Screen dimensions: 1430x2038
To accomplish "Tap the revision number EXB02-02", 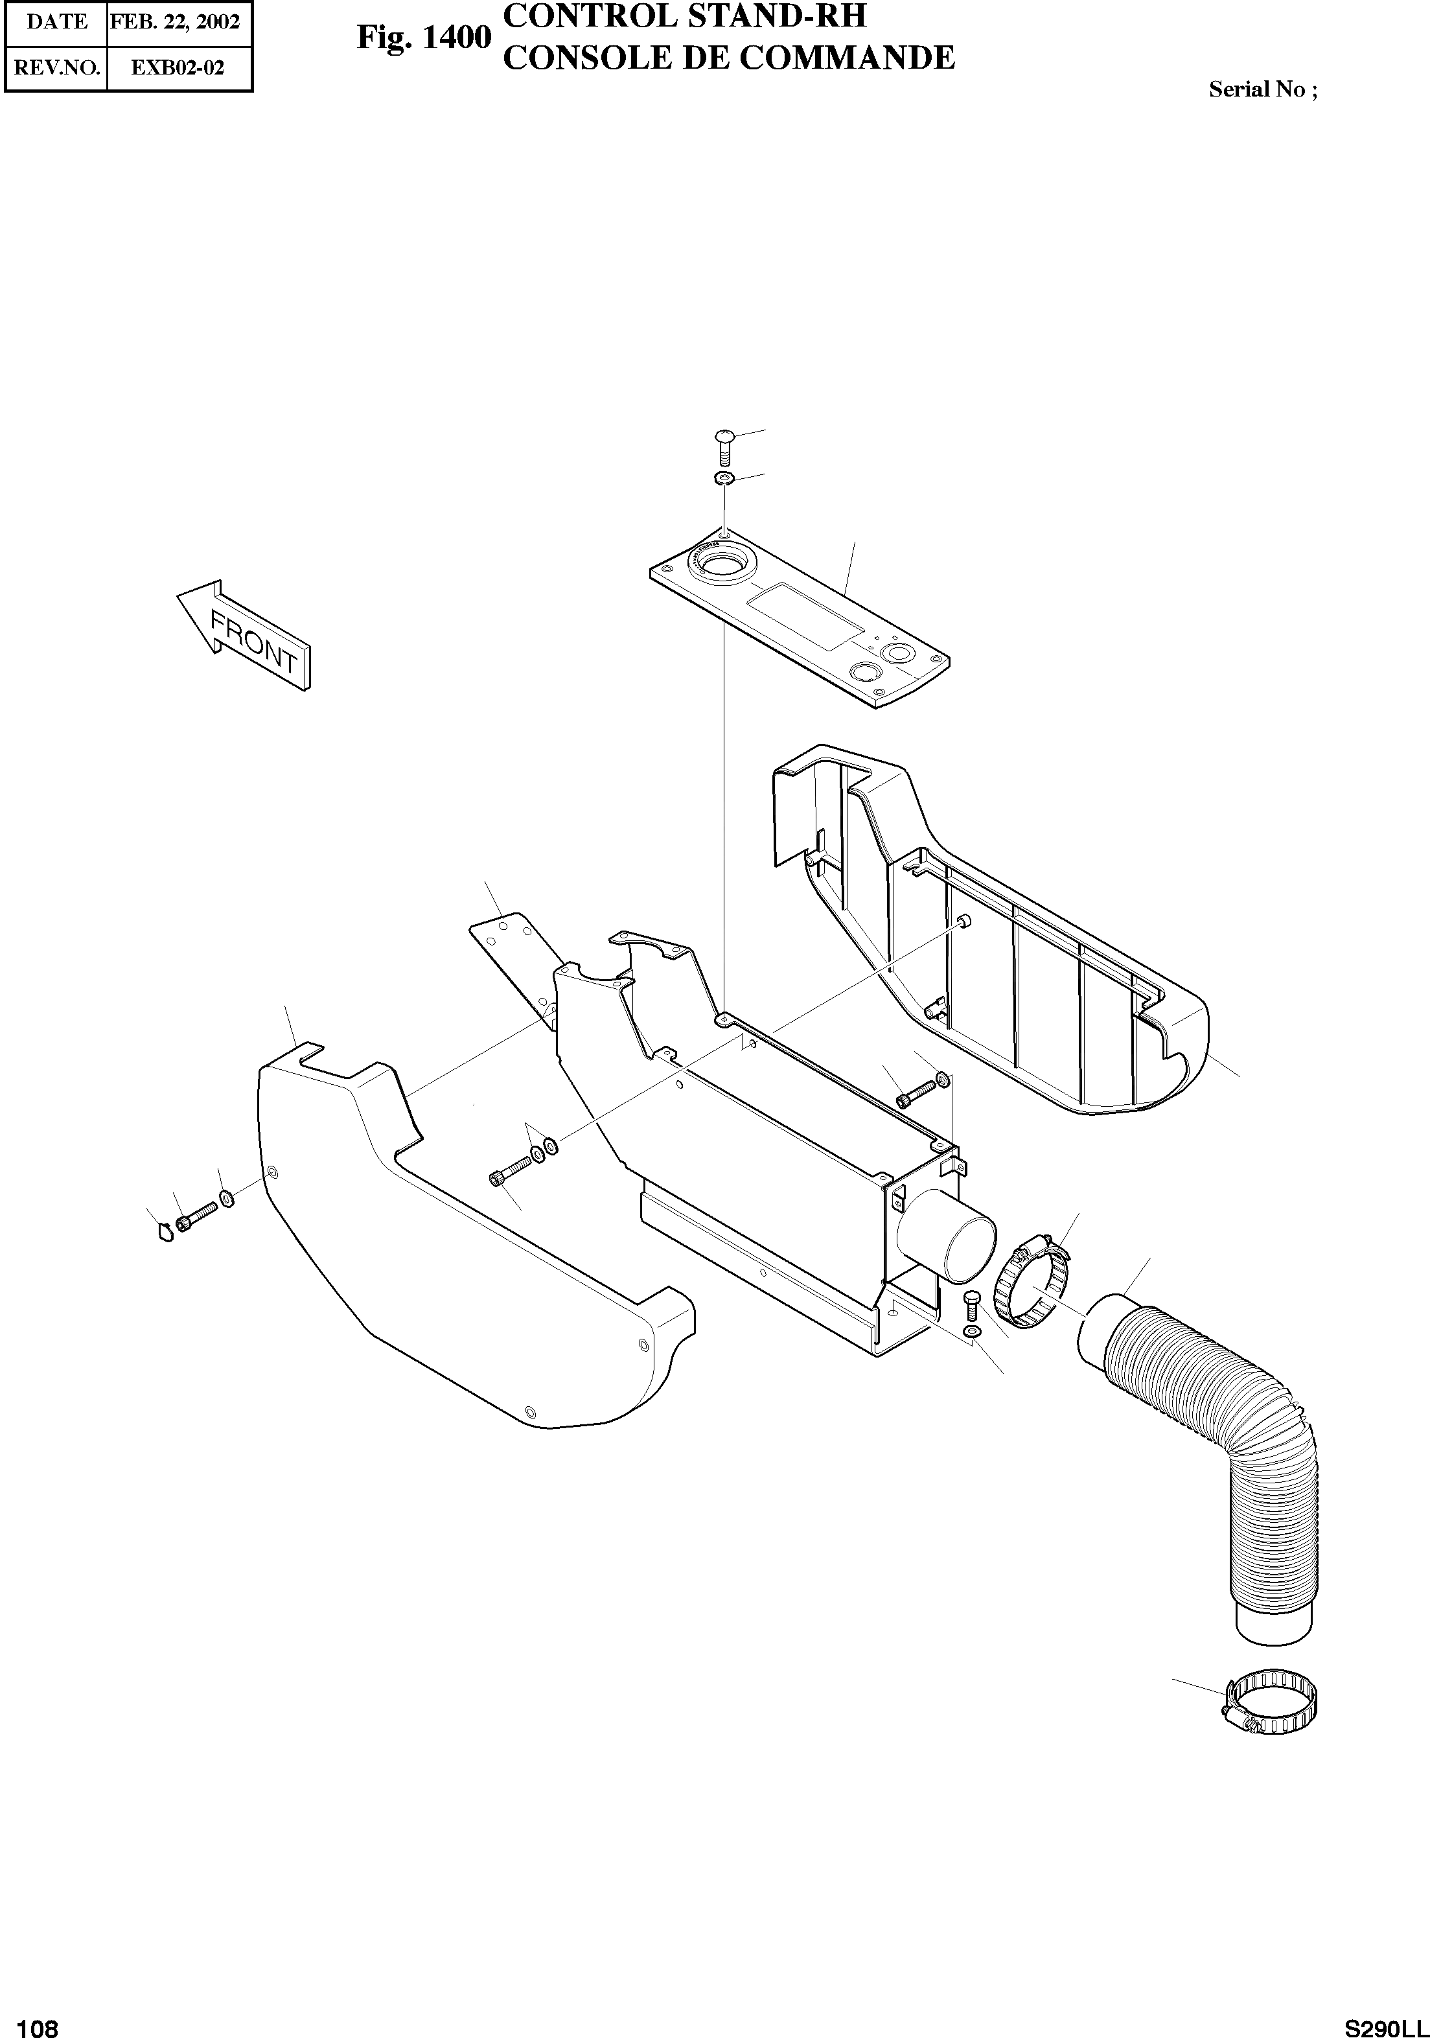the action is point(178,67).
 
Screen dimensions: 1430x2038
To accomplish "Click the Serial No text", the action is point(1262,89).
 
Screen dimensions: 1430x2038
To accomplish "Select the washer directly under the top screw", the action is point(724,480).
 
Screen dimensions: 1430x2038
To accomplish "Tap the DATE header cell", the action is point(57,22).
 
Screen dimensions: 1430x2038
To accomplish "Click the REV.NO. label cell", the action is point(57,67).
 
